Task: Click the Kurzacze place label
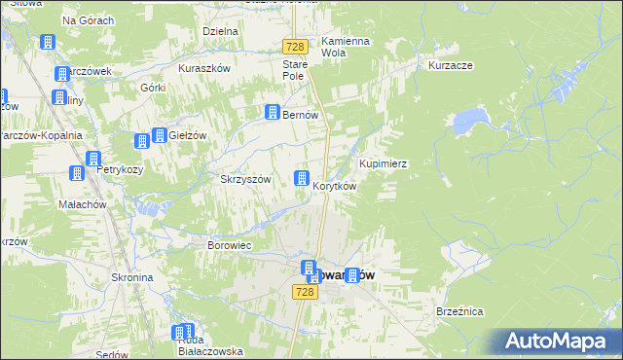click(x=450, y=66)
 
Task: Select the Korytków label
click(x=335, y=186)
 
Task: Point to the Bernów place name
click(x=301, y=115)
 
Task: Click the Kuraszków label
click(x=203, y=69)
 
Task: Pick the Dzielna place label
click(x=221, y=31)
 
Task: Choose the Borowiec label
click(x=230, y=245)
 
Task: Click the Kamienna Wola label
click(x=346, y=48)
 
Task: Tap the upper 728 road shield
click(x=296, y=47)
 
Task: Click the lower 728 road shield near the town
click(x=305, y=292)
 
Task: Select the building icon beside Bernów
click(x=274, y=113)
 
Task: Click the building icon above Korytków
click(x=302, y=178)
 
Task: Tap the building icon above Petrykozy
click(x=93, y=160)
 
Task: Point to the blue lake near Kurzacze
click(x=469, y=121)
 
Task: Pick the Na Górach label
click(x=88, y=20)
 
